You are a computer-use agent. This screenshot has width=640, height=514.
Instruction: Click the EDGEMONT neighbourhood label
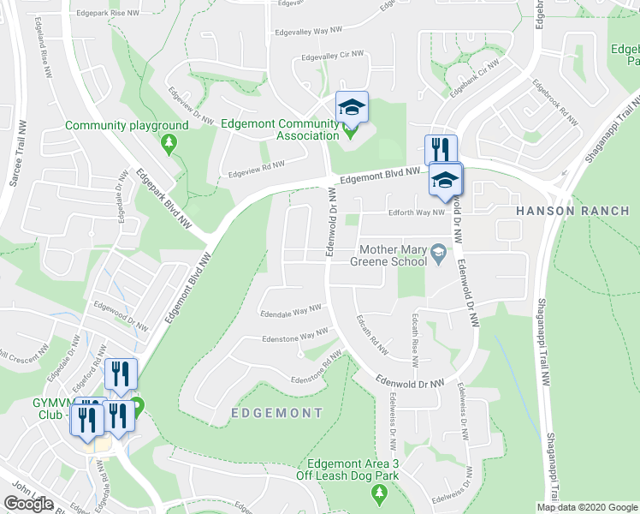[x=277, y=413]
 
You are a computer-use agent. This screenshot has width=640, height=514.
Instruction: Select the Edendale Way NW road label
[x=291, y=311]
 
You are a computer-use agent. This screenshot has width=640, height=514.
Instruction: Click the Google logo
[x=28, y=504]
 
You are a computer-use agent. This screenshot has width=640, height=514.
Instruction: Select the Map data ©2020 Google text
[x=587, y=507]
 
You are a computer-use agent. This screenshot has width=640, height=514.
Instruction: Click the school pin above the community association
[x=351, y=107]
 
